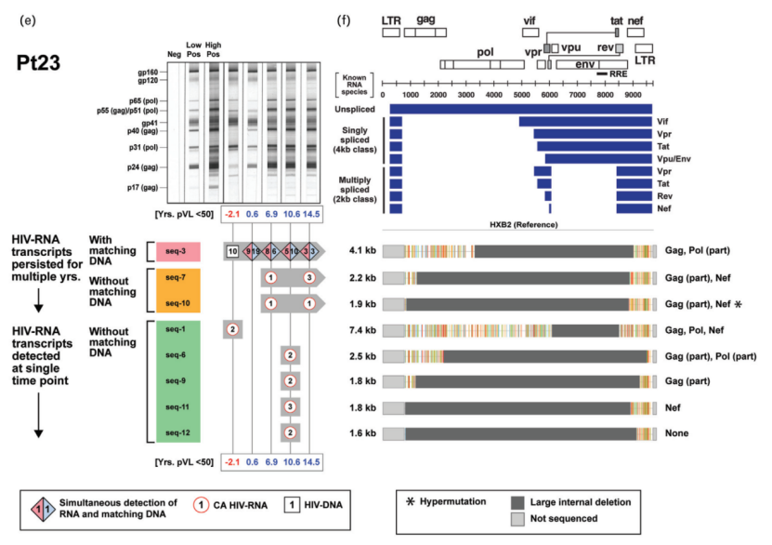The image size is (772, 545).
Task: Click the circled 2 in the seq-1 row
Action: (232, 329)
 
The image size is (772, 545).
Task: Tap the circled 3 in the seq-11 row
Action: (290, 406)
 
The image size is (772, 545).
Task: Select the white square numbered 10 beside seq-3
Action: (232, 251)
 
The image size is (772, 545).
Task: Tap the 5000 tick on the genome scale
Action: (521, 94)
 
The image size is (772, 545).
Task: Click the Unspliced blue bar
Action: (520, 110)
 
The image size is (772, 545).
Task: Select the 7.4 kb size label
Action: (362, 329)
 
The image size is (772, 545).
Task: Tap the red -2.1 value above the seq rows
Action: (232, 215)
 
